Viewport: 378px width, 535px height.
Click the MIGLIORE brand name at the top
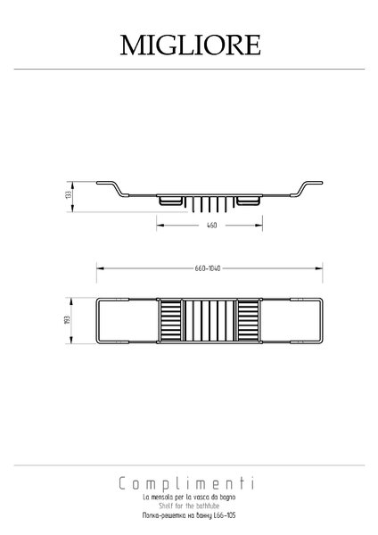[191, 45]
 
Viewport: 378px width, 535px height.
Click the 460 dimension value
[211, 226]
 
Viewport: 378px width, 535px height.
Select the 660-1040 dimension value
[208, 268]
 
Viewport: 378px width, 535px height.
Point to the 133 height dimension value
[69, 194]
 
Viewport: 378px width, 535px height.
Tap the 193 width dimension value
[67, 320]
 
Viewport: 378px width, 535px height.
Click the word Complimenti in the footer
[186, 483]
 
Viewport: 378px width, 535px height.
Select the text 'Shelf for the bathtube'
[189, 506]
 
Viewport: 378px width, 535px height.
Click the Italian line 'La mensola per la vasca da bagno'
[189, 498]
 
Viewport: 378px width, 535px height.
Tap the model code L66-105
[225, 515]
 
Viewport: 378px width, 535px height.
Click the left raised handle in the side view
[112, 189]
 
